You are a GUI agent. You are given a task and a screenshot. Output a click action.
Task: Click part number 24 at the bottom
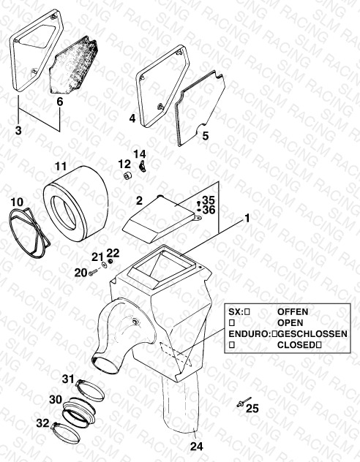coord(196,447)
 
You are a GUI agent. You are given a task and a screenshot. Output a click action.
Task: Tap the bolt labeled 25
coord(244,402)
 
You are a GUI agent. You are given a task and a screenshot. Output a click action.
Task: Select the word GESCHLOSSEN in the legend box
coord(312,334)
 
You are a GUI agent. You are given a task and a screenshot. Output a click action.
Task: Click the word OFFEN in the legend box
coord(293,311)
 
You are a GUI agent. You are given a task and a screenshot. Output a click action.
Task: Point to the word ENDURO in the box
coord(248,334)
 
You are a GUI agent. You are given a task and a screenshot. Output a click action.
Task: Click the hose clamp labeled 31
coord(90,389)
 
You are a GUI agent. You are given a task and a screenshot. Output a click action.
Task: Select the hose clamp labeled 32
coord(66,432)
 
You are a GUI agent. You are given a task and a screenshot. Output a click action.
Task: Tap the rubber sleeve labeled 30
coord(79,412)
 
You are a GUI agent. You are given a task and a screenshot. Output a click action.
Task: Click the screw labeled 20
coord(93,273)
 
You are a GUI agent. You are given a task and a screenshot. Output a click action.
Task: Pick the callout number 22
coord(113,253)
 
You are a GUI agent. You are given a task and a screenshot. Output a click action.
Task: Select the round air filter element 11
coord(76,204)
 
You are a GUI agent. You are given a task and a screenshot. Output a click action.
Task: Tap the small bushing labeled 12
coord(127,175)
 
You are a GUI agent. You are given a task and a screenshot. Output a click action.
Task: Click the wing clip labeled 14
coord(143,167)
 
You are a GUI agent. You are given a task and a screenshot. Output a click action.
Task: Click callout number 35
coord(209,200)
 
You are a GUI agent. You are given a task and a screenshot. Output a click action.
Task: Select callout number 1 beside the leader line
coord(247,219)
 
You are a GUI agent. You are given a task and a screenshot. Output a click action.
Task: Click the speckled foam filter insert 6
coord(73,65)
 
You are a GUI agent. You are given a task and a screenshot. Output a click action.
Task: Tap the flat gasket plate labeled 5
coord(200,109)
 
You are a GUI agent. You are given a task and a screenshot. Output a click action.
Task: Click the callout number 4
coord(132,118)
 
